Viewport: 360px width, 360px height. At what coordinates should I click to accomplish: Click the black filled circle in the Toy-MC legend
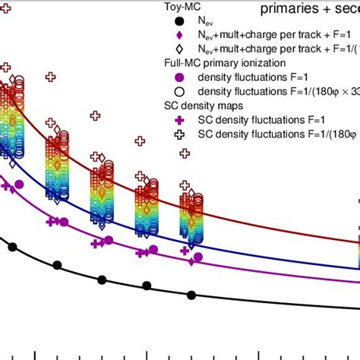pyautogui.click(x=179, y=23)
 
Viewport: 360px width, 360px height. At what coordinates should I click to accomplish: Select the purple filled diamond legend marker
pyautogui.click(x=179, y=36)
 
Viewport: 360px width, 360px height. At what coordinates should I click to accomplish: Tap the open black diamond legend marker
pyautogui.click(x=179, y=49)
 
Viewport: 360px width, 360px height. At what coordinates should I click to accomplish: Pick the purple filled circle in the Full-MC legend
pyautogui.click(x=179, y=77)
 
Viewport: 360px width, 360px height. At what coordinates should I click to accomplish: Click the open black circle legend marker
pyautogui.click(x=179, y=91)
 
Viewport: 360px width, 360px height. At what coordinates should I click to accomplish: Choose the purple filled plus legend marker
pyautogui.click(x=179, y=119)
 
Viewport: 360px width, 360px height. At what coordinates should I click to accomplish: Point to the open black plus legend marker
pyautogui.click(x=179, y=133)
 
